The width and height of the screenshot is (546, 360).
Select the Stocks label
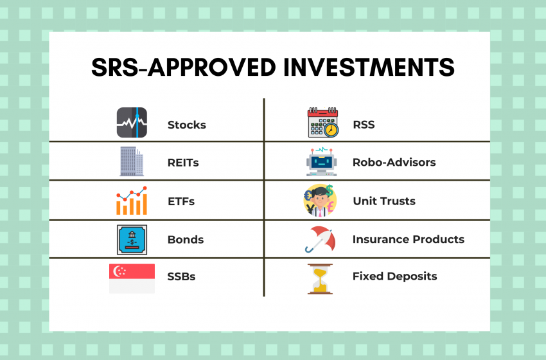click(x=187, y=125)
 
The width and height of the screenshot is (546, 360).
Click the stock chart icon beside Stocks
click(x=132, y=122)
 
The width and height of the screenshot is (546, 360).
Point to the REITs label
click(x=183, y=163)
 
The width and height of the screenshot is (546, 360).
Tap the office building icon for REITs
click(x=132, y=161)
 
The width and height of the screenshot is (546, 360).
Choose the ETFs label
click(x=181, y=201)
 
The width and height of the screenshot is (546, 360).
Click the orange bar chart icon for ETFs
click(x=132, y=201)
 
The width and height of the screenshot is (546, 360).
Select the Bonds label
click(x=186, y=239)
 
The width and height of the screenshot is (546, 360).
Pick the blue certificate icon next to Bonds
click(x=132, y=239)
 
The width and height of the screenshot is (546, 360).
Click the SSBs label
click(x=182, y=276)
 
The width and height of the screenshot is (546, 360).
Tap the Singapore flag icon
click(x=132, y=278)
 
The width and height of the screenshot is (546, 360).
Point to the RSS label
click(x=364, y=124)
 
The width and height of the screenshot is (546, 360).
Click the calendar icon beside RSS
click(x=322, y=122)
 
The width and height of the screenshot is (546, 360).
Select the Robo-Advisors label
click(x=394, y=163)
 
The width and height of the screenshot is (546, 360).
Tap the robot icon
click(x=322, y=161)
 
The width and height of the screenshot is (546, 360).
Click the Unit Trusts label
click(x=384, y=201)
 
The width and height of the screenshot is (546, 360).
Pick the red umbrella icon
click(x=322, y=239)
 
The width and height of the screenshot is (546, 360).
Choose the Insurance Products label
click(x=408, y=239)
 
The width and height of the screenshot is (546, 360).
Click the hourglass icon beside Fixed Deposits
click(x=321, y=278)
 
